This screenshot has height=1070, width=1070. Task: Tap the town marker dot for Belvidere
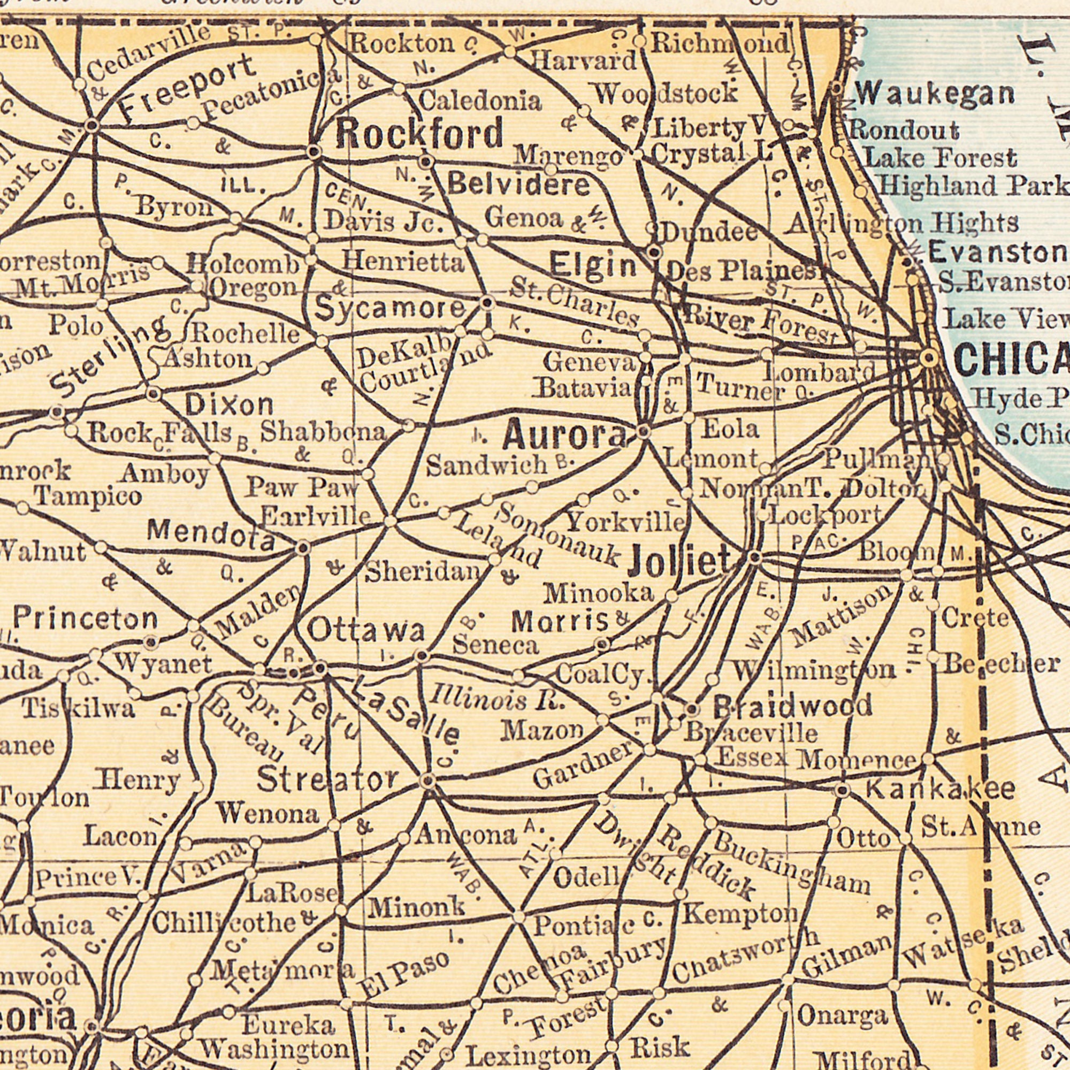tap(425, 162)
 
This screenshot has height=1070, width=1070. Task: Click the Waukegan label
tap(935, 95)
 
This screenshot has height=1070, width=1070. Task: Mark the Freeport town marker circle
tap(93, 126)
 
